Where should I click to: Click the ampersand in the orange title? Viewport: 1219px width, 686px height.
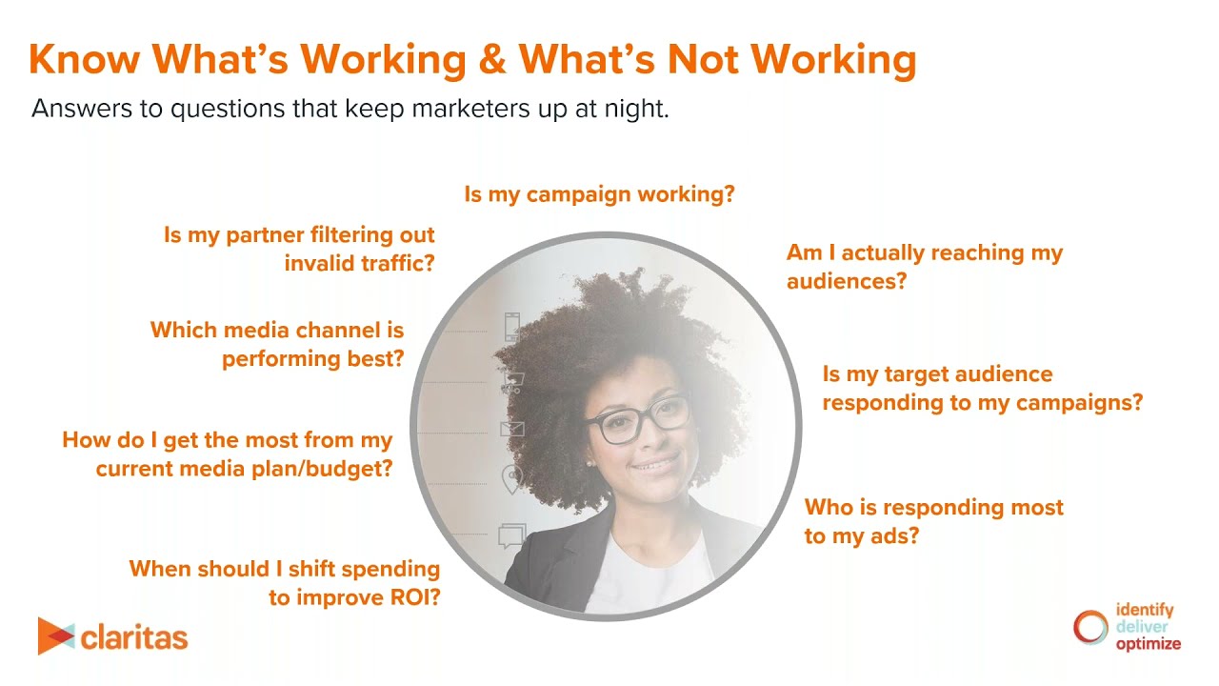491,60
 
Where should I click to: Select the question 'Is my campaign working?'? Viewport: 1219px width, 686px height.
600,194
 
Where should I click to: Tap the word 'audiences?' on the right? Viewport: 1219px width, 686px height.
847,281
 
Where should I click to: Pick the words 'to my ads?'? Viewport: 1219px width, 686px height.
862,535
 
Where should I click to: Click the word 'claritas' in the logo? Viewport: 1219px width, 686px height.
134,637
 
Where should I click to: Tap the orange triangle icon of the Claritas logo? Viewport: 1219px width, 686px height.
54,636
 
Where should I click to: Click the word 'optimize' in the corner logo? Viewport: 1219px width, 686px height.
1148,643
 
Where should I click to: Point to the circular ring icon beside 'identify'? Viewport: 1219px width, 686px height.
1091,627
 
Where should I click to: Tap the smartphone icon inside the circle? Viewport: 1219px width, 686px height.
512,327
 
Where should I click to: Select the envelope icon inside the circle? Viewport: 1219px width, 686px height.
512,429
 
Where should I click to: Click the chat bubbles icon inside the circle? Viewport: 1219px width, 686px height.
511,535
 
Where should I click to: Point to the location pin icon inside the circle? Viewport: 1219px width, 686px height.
512,479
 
